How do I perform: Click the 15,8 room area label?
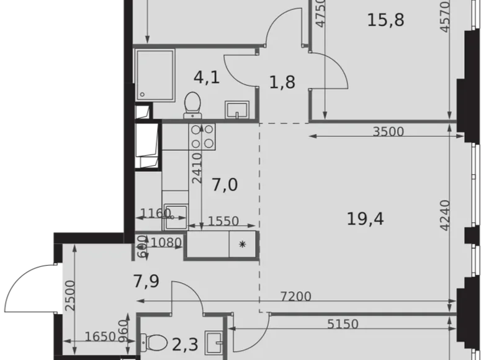click(x=385, y=20)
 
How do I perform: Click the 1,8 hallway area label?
click(x=281, y=83)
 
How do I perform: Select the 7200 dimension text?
click(x=295, y=297)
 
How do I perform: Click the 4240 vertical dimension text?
click(x=445, y=216)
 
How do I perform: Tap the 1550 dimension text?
click(x=222, y=220)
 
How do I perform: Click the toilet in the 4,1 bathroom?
click(x=193, y=104)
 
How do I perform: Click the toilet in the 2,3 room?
click(x=153, y=341)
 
